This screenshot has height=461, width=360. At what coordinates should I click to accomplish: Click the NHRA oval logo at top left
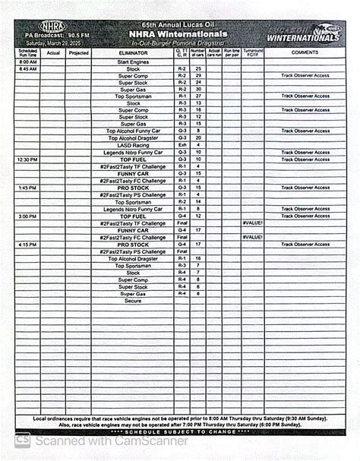52,27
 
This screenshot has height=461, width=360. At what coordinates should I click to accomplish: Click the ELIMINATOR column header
133,53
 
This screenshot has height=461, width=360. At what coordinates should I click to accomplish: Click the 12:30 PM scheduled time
27,159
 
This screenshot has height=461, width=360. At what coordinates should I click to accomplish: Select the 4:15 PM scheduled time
27,245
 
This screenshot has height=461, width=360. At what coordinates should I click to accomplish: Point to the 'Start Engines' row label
133,62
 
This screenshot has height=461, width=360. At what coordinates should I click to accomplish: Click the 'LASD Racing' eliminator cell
133,145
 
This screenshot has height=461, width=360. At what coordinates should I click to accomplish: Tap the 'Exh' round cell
182,145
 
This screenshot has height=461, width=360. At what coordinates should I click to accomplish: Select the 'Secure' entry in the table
133,301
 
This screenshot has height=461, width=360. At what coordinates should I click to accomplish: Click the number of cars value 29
198,76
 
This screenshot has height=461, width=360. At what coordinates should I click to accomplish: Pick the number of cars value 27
198,96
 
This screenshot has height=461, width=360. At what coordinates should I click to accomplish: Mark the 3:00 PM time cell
27,216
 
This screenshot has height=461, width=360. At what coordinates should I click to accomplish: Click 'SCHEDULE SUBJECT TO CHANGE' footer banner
179,432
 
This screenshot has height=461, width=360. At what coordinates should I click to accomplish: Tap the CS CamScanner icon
24,440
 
